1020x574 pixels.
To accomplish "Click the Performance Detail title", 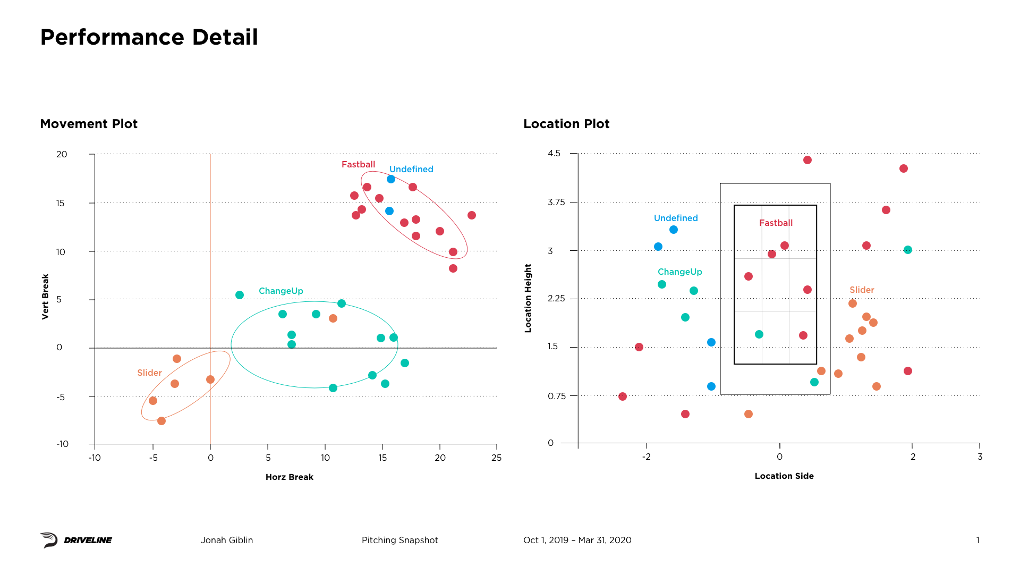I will [149, 37].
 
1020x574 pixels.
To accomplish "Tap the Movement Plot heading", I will [89, 124].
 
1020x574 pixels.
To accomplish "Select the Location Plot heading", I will [566, 124].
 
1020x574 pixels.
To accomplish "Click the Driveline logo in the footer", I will [76, 540].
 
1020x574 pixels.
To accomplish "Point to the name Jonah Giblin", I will [227, 540].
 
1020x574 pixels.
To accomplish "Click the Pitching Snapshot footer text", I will [399, 540].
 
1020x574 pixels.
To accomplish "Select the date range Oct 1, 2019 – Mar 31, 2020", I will [577, 540].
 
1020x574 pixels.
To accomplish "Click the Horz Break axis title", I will [290, 477].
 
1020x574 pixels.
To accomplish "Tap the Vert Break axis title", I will [45, 297].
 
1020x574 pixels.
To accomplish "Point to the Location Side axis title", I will [784, 476].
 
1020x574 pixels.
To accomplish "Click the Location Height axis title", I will [528, 298].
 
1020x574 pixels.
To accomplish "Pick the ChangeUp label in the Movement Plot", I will [280, 291].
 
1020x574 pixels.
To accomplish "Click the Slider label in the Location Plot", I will [862, 290].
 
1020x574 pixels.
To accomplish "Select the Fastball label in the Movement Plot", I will [358, 164].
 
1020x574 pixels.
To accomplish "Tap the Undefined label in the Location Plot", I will [676, 218].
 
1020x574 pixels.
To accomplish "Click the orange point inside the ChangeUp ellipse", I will [333, 318].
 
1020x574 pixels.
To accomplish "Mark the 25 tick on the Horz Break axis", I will [496, 458].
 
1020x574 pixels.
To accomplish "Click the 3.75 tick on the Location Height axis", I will [556, 202].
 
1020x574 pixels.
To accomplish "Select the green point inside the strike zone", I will [759, 334].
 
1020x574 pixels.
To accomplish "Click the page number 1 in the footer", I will [977, 540].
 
